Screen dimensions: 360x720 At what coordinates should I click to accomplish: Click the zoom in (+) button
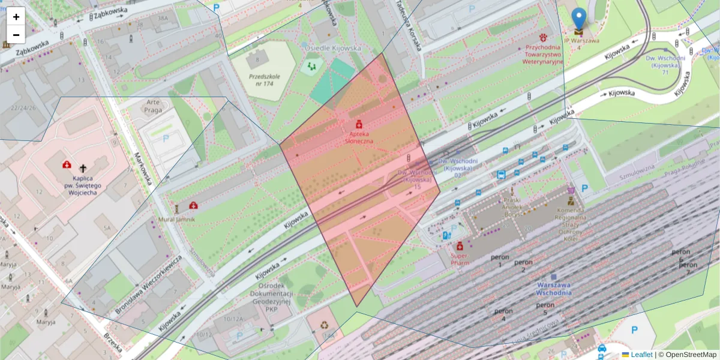16,17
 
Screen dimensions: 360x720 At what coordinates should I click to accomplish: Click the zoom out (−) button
16,35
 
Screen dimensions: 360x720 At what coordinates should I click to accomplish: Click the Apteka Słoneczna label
359,137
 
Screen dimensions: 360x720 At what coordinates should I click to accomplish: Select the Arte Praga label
154,107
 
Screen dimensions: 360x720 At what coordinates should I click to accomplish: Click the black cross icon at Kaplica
83,169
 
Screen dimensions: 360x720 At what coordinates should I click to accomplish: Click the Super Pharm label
459,259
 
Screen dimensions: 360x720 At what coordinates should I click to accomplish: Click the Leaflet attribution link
641,355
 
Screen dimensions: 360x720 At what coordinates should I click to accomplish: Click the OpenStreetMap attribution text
687,355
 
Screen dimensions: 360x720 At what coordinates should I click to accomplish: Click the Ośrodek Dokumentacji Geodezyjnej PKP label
271,297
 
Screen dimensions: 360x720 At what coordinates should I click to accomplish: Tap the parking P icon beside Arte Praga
166,138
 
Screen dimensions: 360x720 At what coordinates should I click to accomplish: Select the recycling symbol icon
325,325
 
